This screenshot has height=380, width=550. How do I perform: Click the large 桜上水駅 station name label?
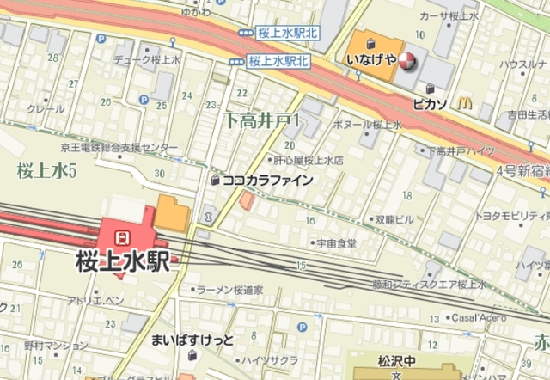click(123, 259)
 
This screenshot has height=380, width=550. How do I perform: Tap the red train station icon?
click(123, 235)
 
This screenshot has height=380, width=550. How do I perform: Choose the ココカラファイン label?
click(266, 181)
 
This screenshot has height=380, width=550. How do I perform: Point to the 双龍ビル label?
click(394, 219)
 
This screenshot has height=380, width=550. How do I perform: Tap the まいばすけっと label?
click(192, 338)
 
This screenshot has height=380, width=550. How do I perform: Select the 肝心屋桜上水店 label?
click(309, 160)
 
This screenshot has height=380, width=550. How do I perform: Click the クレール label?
click(46, 109)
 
